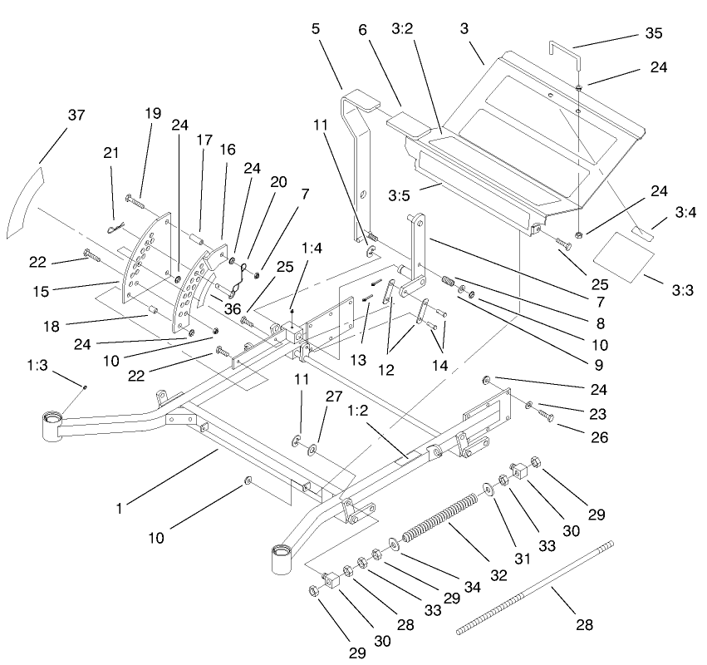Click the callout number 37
pyautogui.click(x=76, y=116)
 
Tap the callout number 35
pyautogui.click(x=655, y=34)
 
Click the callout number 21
pyautogui.click(x=110, y=153)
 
